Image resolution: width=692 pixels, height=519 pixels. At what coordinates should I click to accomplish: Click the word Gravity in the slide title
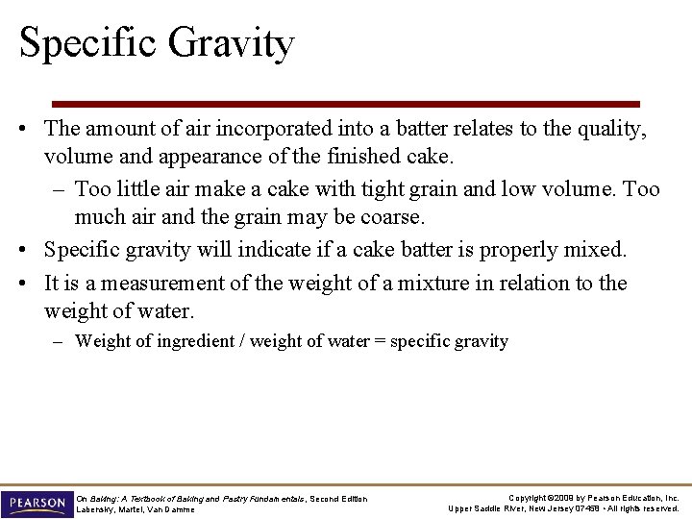[x=230, y=44]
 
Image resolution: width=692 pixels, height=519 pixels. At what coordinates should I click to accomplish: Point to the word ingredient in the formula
[x=201, y=341]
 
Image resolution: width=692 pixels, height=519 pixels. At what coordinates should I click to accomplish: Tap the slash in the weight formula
[x=244, y=341]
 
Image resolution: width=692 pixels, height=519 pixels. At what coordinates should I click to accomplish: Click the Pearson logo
[x=37, y=503]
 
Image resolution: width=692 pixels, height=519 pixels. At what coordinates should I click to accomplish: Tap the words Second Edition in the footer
[x=338, y=498]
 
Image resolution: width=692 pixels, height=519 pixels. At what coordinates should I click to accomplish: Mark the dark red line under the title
[x=345, y=104]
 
